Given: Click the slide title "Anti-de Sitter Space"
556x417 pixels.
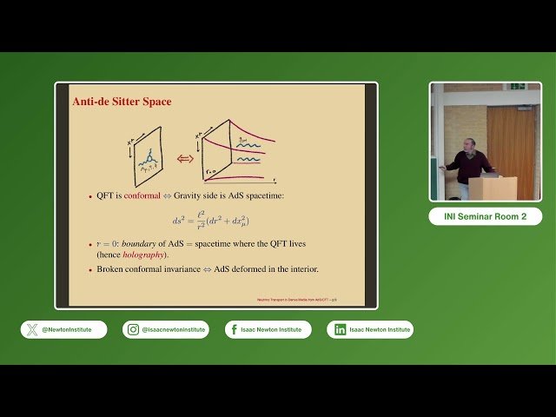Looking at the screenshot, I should [122, 103].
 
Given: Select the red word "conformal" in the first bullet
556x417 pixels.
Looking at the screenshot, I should [142, 196].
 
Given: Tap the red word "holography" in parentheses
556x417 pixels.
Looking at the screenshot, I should [144, 254].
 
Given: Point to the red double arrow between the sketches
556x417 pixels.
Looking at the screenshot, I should [184, 158].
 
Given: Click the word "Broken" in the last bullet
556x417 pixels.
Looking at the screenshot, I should [112, 269].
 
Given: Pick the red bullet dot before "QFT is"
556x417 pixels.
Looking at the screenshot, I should [89, 197].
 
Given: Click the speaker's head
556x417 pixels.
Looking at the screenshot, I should [470, 143].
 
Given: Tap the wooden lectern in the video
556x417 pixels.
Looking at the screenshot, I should [493, 188].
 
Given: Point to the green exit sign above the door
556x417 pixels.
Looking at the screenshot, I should [517, 86].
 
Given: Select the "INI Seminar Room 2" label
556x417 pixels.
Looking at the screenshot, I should [485, 217].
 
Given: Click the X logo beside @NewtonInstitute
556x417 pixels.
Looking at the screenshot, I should [33, 329].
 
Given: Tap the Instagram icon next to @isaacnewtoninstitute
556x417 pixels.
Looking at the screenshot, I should [134, 329].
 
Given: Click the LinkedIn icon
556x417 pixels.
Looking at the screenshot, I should [340, 329].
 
